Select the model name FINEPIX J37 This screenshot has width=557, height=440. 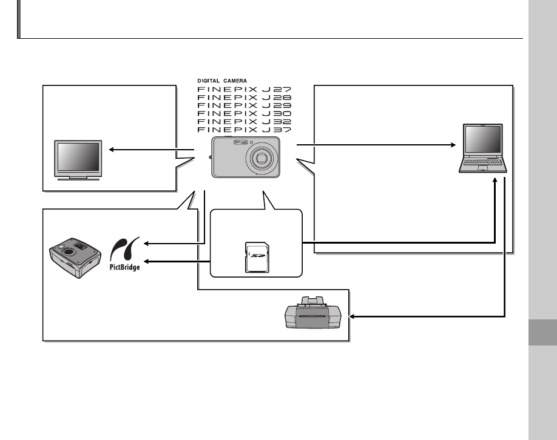pos(245,129)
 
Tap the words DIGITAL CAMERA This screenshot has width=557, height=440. pos(222,81)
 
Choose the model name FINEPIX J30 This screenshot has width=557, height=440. pos(245,113)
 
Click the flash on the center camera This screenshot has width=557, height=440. pos(239,143)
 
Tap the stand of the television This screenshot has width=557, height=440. pos(78,178)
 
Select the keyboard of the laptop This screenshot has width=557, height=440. pos(483,162)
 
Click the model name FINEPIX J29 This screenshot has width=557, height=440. pos(245,105)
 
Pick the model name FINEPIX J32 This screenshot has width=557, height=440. pos(245,121)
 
